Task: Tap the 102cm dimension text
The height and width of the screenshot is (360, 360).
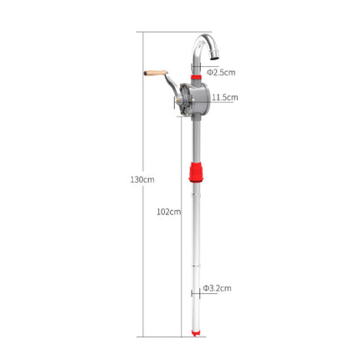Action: coord(168,212)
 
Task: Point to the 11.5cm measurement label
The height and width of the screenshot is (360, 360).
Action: coord(225,97)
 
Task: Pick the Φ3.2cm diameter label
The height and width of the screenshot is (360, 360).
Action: coord(219,289)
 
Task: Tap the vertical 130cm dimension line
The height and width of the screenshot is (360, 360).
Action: coord(142,251)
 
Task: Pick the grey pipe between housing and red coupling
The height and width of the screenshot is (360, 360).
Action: coord(196,142)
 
